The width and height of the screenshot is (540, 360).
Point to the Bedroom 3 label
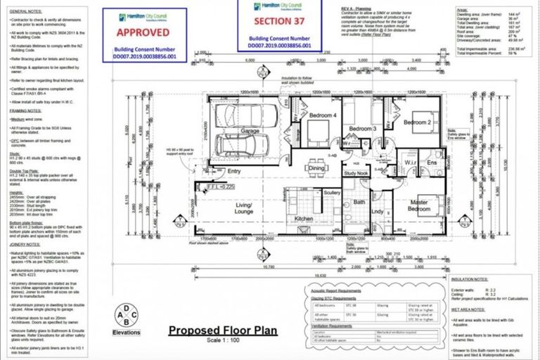(x=364, y=129)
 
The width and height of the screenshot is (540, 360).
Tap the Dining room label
(x=316, y=168)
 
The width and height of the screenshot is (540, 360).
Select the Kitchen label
(x=303, y=219)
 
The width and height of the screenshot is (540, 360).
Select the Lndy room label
(x=378, y=211)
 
